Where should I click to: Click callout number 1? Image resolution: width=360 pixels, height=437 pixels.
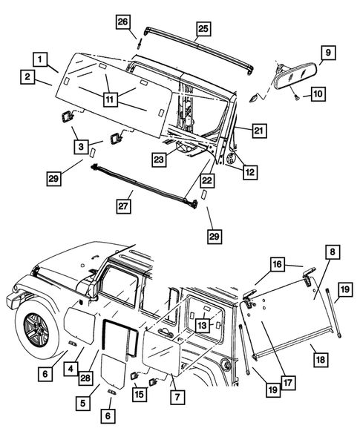(41, 58)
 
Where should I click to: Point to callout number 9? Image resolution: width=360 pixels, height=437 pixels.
(326, 53)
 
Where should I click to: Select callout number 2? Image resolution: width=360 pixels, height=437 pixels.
(27, 76)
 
